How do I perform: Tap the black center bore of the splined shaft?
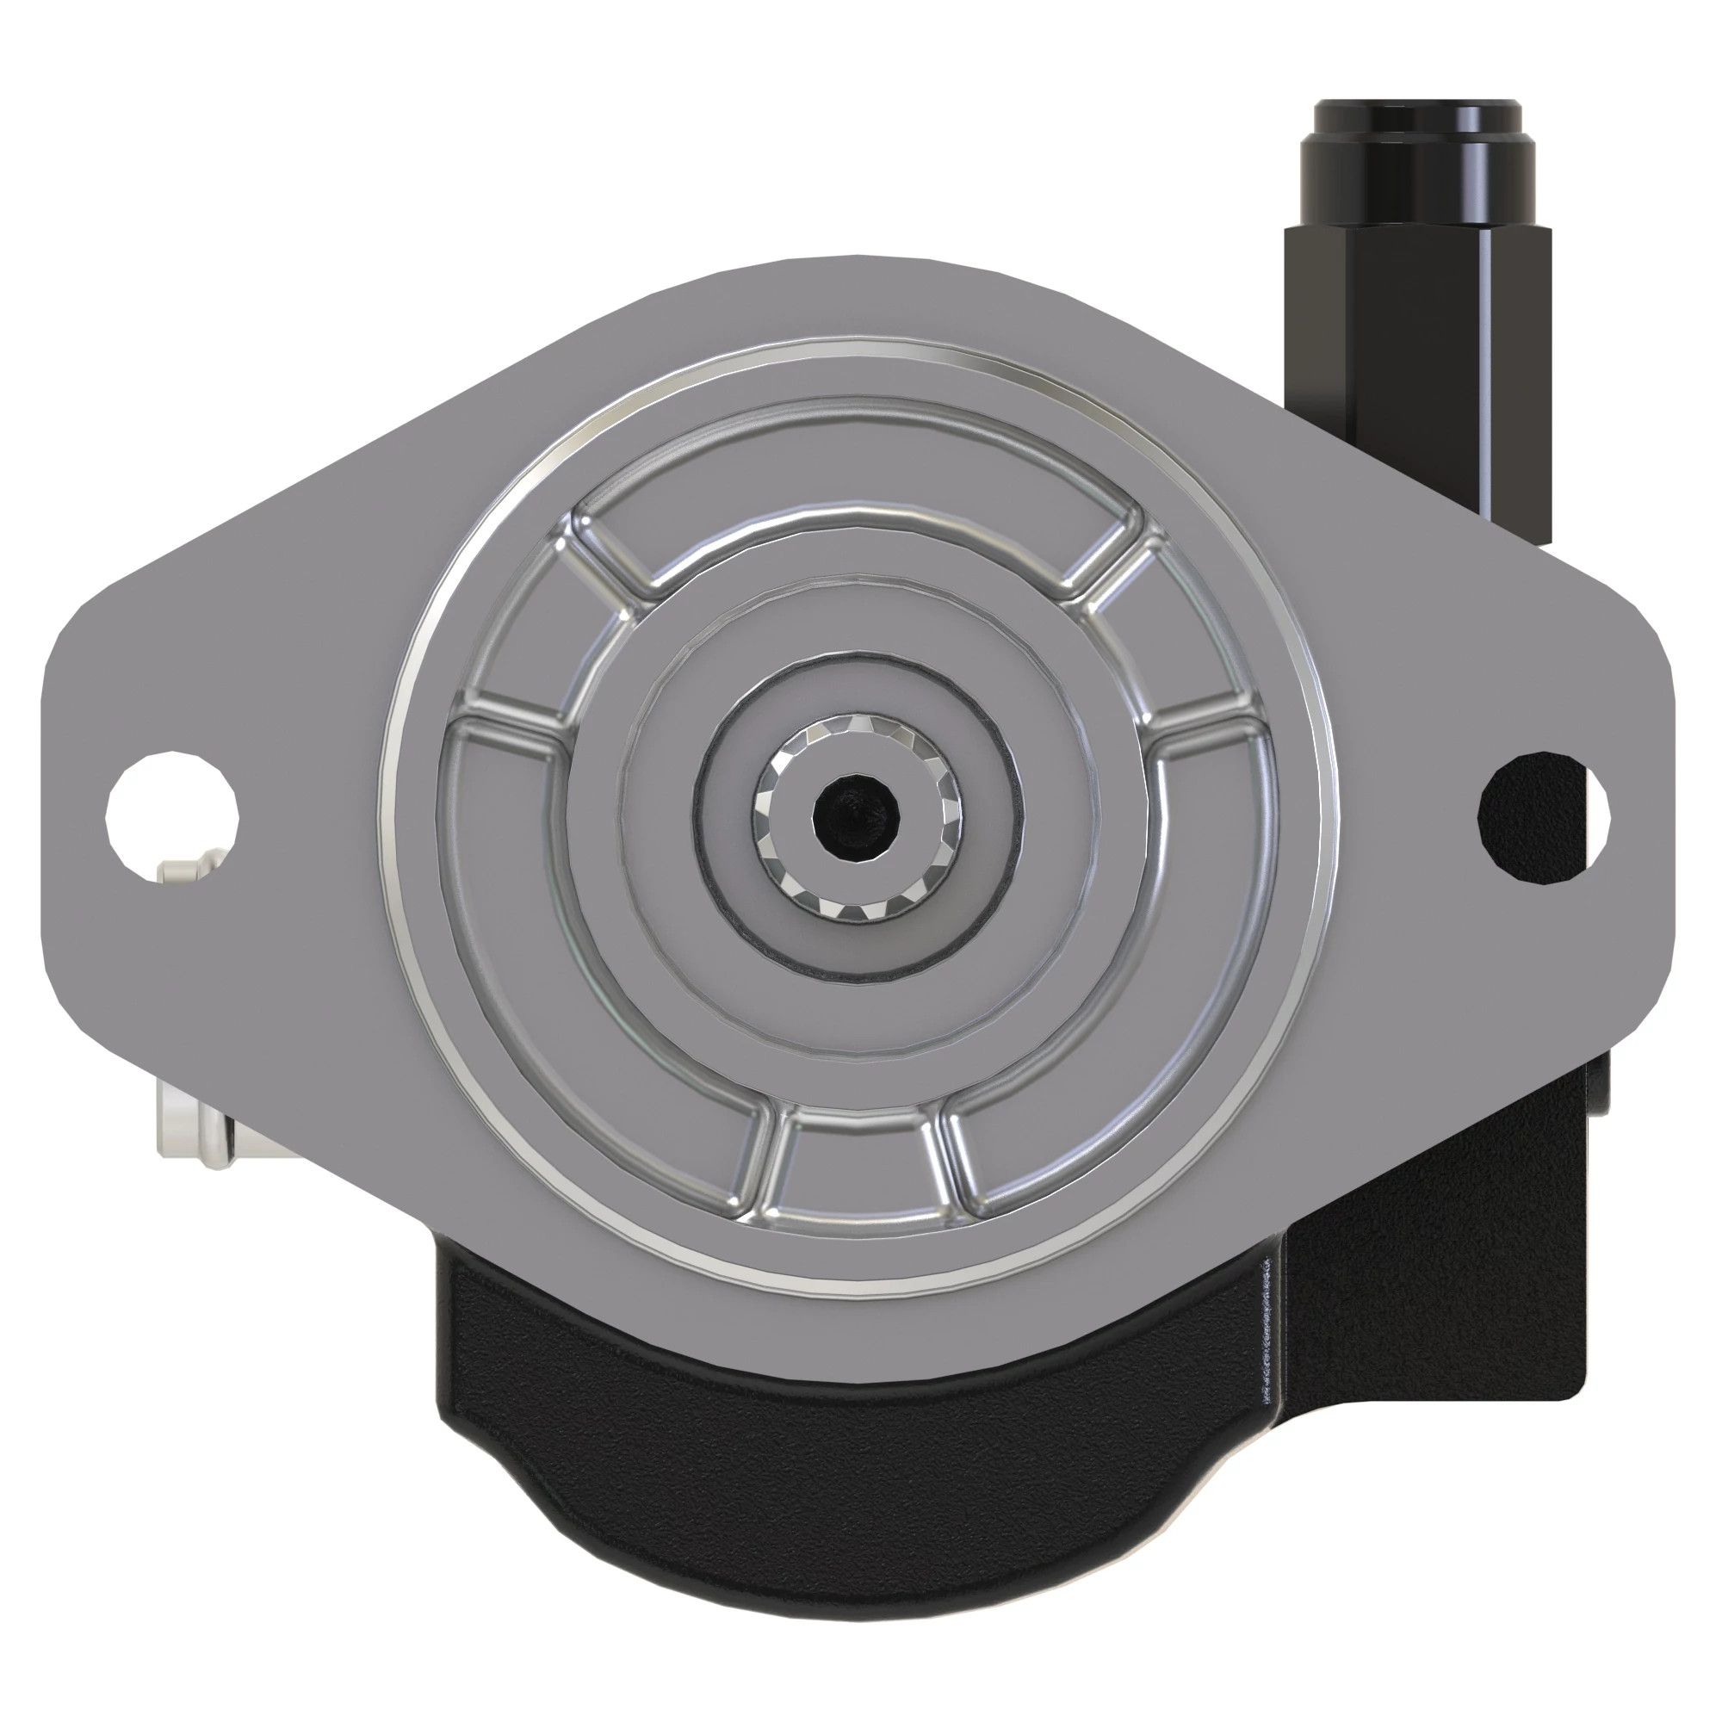point(856,816)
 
